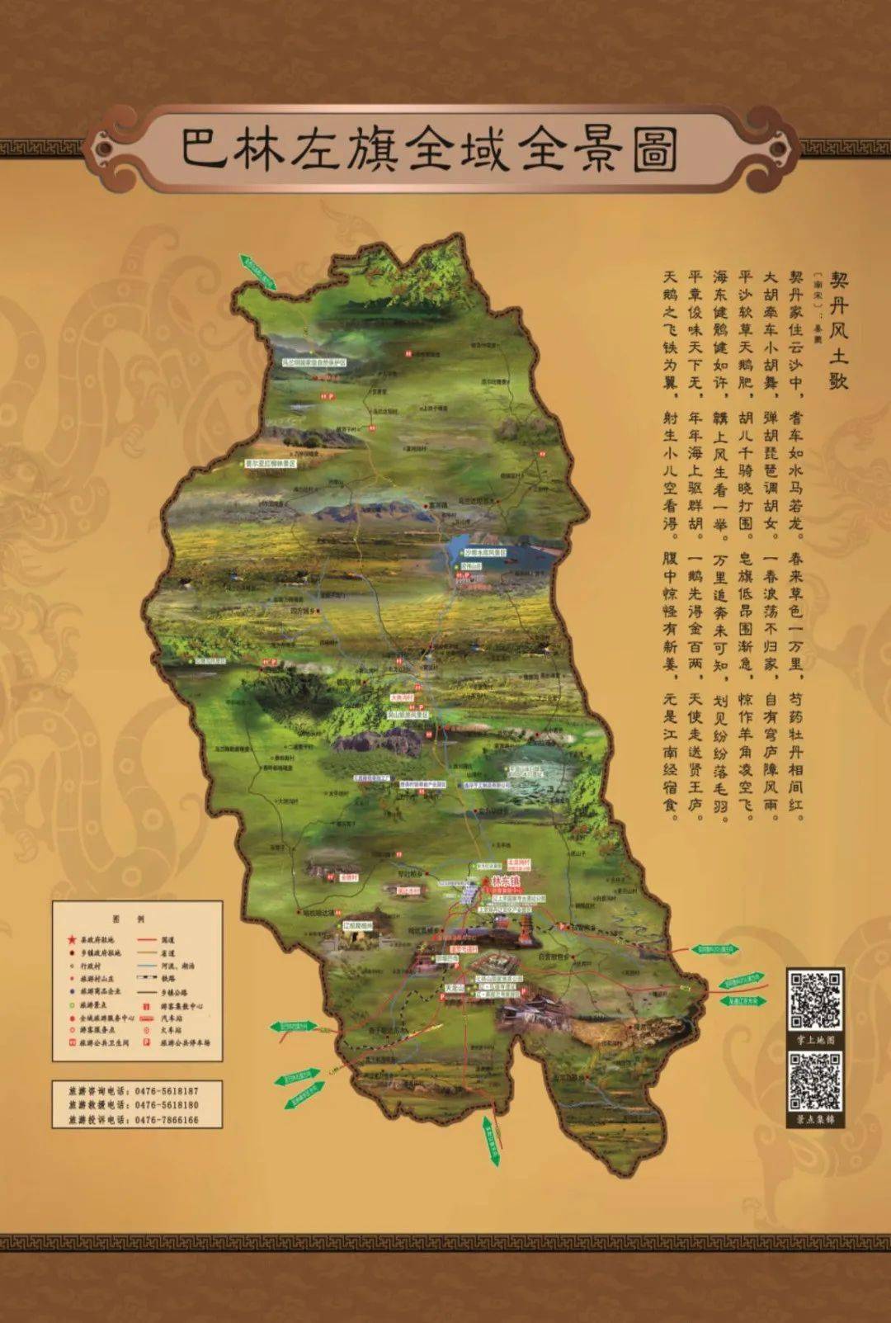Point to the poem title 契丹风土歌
point(838,329)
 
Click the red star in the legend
point(72,939)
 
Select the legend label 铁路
point(167,978)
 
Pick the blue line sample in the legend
point(147,966)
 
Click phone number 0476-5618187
point(167,1090)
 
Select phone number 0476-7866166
point(167,1120)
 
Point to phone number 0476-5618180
point(167,1105)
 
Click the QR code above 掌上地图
point(815,999)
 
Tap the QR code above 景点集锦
point(815,1079)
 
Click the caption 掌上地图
point(815,1040)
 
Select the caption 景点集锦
point(815,1120)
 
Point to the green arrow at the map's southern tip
point(492,1141)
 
